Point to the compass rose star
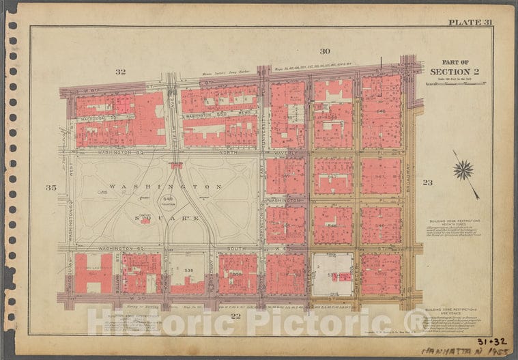463,169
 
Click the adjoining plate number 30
325,51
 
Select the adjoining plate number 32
121,72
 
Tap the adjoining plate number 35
51,187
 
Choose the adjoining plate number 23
427,182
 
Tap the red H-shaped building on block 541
93,273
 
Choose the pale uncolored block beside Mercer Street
332,275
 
